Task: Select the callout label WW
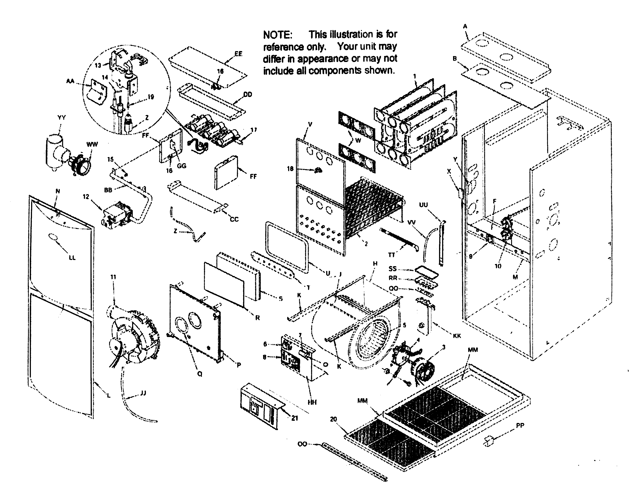click(92, 144)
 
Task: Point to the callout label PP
click(520, 426)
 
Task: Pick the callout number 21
click(295, 418)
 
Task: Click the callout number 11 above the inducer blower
click(113, 277)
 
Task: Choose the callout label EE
click(238, 54)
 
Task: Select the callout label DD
click(248, 95)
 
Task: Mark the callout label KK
click(457, 336)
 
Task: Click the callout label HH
click(312, 402)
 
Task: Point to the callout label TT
click(391, 255)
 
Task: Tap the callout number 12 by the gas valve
click(86, 197)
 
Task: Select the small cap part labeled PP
click(489, 442)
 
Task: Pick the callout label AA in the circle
click(70, 81)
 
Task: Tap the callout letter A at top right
click(465, 27)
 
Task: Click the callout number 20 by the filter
click(333, 419)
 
